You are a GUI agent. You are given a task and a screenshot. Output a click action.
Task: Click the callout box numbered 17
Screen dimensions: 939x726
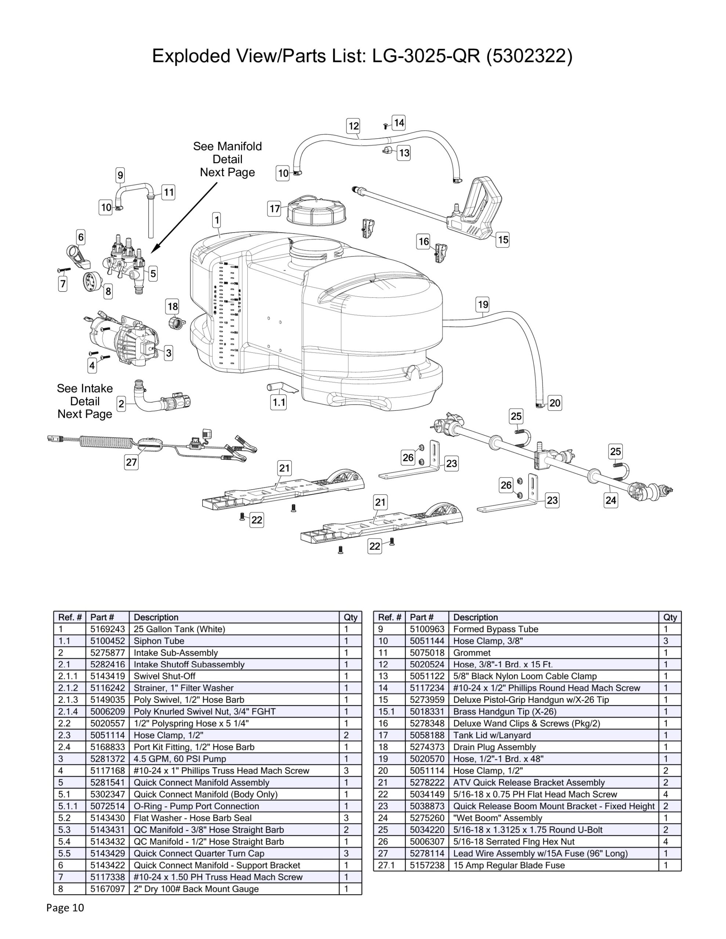[x=274, y=209]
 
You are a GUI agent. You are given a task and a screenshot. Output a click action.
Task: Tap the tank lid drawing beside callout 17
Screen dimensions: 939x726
[x=316, y=210]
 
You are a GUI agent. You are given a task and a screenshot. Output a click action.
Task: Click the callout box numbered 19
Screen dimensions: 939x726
[x=483, y=305]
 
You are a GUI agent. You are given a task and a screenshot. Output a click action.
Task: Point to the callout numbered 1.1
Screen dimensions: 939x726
[x=279, y=402]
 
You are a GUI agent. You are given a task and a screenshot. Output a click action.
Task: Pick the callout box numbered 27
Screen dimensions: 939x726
[x=131, y=462]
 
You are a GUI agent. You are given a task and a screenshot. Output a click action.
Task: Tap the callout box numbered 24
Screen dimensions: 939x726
[x=611, y=500]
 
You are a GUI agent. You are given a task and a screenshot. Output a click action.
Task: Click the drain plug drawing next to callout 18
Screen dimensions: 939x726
[x=175, y=322]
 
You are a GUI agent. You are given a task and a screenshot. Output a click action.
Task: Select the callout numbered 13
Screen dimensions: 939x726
[x=404, y=153]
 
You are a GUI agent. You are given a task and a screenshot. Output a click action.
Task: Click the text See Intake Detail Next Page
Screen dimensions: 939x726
[x=85, y=401]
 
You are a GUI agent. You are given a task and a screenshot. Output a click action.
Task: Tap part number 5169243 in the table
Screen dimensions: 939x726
[x=108, y=629]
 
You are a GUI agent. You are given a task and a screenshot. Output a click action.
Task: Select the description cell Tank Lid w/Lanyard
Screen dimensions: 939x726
[x=492, y=735]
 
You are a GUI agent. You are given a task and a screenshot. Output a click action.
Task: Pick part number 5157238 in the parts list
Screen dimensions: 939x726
[x=427, y=865]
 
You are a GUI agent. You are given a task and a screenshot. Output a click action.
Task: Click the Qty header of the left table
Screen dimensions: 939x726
[x=350, y=617]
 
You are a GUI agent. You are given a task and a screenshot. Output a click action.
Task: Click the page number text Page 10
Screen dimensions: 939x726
[x=65, y=907]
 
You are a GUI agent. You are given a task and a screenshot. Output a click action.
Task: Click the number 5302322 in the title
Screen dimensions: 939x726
[x=529, y=56]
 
